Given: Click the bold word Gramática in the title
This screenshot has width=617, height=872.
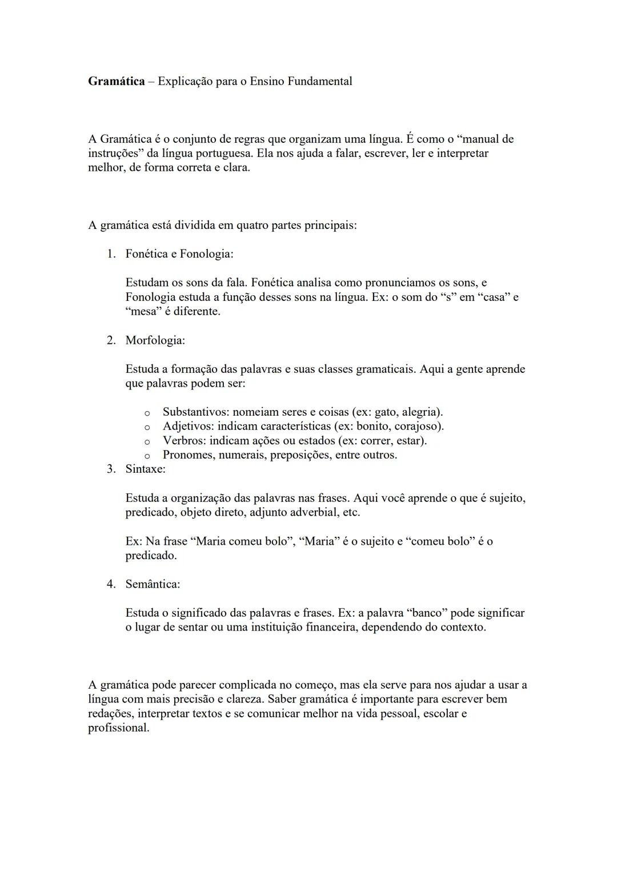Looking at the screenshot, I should [x=116, y=81].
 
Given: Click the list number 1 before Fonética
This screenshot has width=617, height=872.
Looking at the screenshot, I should [x=111, y=254].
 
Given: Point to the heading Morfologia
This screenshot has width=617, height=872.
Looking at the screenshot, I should [x=155, y=340].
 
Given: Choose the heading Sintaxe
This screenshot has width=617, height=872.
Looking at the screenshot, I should [x=145, y=469].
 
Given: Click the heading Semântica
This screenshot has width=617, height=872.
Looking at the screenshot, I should [x=153, y=584].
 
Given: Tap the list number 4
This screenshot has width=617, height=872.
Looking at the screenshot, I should [x=111, y=584].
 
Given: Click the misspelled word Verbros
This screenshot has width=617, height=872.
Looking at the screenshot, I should [x=184, y=441].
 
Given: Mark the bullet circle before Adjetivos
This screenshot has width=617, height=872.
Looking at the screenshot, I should [x=147, y=427].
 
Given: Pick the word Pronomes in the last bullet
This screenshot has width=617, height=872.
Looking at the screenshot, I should [x=187, y=455].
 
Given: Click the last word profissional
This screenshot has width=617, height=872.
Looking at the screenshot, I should [x=118, y=728].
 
